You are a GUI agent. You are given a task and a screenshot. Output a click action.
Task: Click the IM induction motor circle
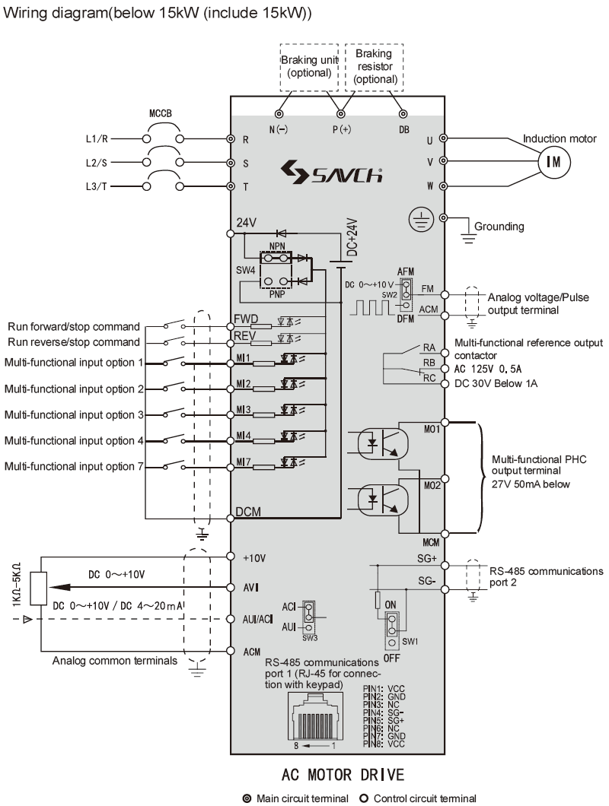coord(550,161)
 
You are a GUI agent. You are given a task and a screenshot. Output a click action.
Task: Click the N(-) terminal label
coord(279,129)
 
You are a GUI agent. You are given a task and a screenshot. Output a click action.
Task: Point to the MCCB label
coord(160,113)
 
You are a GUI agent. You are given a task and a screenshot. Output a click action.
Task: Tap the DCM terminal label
coord(249,512)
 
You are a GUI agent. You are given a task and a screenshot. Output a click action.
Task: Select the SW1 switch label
coord(410,641)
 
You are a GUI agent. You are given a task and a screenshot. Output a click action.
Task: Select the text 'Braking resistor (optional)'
coord(375,66)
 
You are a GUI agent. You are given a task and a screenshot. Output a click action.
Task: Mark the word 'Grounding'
coord(499,226)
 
